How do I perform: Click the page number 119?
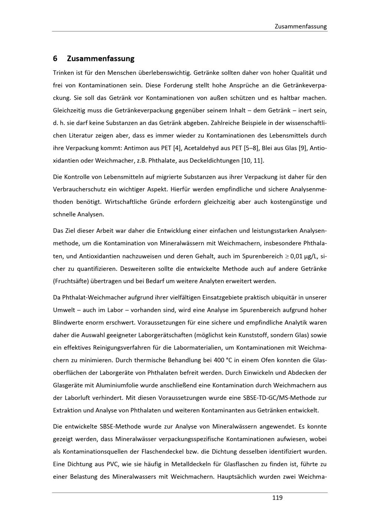click(x=277, y=498)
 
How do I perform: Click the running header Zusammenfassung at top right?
click(x=301, y=26)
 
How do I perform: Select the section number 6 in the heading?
click(x=55, y=59)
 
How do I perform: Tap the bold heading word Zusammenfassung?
click(x=101, y=59)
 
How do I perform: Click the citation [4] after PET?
click(x=177, y=148)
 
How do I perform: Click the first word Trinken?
click(x=63, y=73)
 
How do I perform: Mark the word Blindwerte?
click(x=68, y=322)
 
